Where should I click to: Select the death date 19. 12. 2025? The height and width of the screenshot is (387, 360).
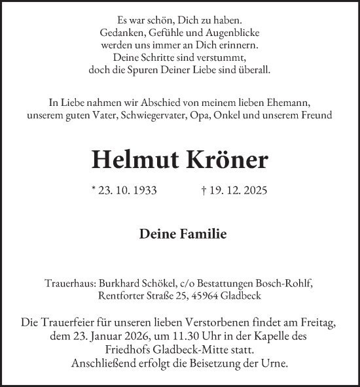pos(238,191)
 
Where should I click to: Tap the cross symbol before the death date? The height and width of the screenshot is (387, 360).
pos(205,191)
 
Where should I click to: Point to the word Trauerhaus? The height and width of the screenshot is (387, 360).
pos(69,283)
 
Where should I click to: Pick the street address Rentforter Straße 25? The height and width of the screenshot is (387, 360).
pos(146,295)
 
